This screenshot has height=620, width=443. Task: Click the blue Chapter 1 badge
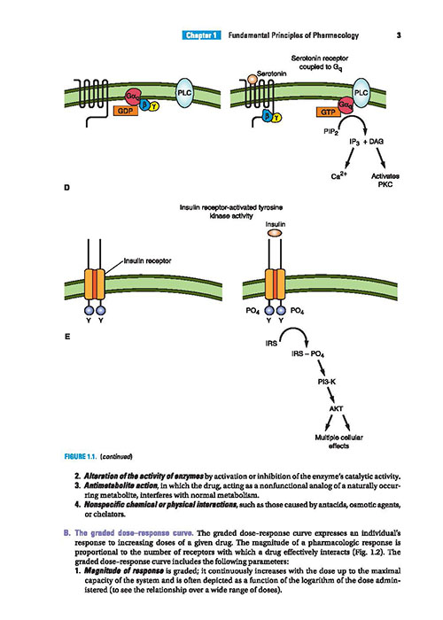(202, 35)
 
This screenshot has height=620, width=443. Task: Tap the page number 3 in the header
(399, 35)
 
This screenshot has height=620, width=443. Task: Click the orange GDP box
(126, 111)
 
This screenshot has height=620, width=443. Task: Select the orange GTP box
(328, 112)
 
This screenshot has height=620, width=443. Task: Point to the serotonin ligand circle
(253, 79)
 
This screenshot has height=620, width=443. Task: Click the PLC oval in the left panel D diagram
(184, 93)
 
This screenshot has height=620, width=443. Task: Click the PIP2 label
(331, 132)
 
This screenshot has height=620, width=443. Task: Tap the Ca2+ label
(338, 176)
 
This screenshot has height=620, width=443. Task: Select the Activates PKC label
(385, 180)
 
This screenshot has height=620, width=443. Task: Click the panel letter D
(66, 188)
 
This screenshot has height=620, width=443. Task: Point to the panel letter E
(66, 337)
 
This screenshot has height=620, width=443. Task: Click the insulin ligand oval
(276, 233)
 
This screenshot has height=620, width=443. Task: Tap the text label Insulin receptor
(148, 261)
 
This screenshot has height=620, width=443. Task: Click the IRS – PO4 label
(307, 354)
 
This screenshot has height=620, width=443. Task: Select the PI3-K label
(326, 382)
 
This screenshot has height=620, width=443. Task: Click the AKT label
(336, 409)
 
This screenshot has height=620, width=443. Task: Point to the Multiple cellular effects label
(338, 442)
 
